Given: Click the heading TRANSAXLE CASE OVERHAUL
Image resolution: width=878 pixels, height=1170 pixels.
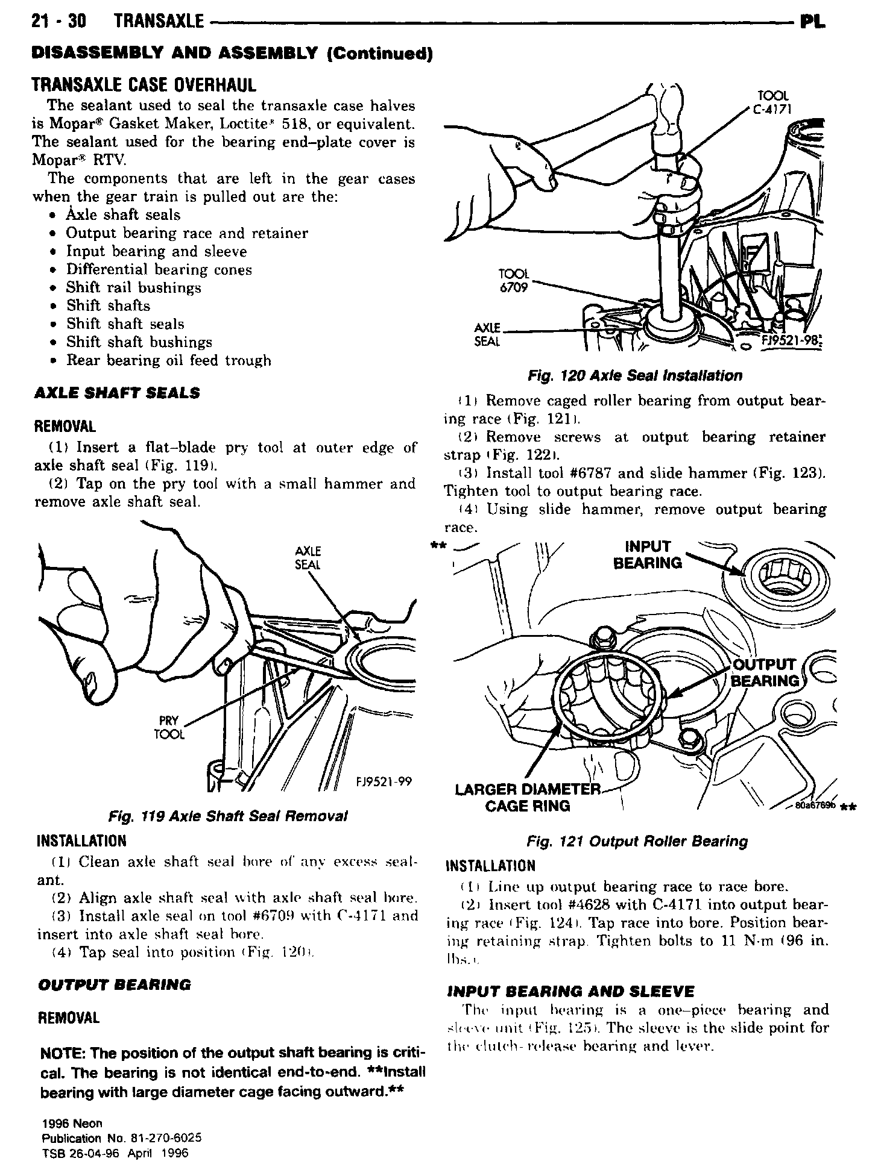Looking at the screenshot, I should [x=144, y=84].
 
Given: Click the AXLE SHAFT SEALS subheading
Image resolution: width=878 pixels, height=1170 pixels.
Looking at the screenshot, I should [x=118, y=393].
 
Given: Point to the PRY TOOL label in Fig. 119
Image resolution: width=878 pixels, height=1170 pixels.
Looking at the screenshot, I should [x=169, y=727].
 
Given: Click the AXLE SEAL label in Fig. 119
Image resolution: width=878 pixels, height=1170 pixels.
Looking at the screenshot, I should [x=308, y=557].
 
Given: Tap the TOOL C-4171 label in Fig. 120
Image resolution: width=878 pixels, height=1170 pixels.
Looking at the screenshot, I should [x=774, y=102].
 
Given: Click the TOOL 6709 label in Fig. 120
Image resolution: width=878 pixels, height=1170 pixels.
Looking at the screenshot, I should [x=514, y=281].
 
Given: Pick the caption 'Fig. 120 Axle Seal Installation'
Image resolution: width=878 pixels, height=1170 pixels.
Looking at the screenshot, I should [x=635, y=376].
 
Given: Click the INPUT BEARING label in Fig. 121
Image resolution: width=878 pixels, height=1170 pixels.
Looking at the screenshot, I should [x=648, y=554].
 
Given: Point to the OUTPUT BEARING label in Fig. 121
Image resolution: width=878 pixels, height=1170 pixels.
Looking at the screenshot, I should [x=765, y=672].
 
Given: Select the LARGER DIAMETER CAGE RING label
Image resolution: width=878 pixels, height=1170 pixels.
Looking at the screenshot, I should [x=528, y=797].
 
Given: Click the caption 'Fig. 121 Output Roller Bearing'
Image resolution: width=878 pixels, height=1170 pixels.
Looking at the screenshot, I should [x=637, y=841].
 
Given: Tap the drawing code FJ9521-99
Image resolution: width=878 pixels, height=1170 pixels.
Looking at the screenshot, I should [x=384, y=781].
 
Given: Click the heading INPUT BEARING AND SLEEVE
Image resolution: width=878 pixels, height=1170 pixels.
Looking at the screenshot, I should [x=570, y=991].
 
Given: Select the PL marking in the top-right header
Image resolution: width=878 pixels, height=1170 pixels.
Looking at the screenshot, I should [x=813, y=23].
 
